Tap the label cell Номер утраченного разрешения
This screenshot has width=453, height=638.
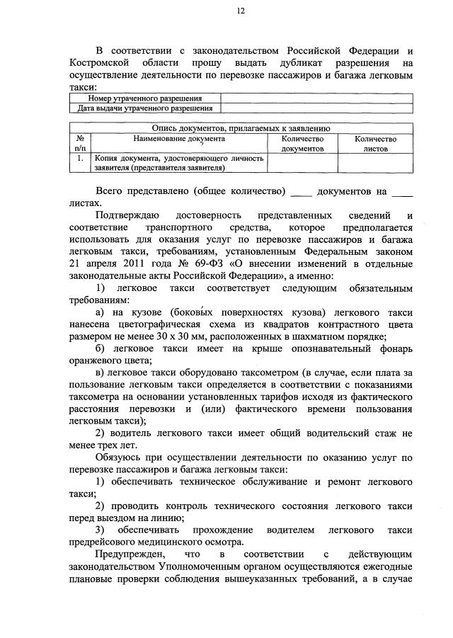coord(144,98)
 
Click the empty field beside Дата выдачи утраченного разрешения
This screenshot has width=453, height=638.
coord(316,108)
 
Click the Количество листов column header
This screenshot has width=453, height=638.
coord(375,144)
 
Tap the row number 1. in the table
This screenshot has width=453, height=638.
coord(79,159)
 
